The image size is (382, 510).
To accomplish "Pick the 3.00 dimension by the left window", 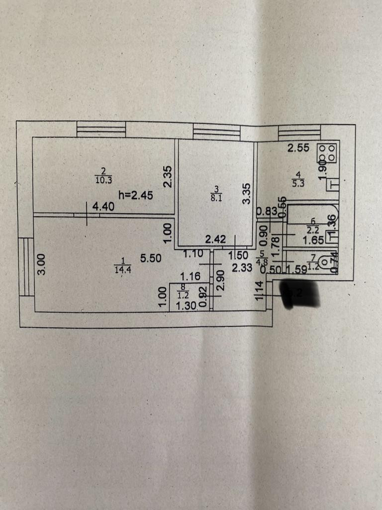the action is tap(43, 264).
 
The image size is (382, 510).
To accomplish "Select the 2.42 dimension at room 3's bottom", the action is tap(216, 240).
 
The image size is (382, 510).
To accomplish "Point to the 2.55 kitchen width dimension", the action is tap(298, 148).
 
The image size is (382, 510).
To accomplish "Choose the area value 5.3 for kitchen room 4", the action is tap(298, 182).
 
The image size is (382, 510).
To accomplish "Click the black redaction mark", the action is tap(299, 294).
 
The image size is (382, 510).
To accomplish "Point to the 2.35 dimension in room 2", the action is tap(168, 176).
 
